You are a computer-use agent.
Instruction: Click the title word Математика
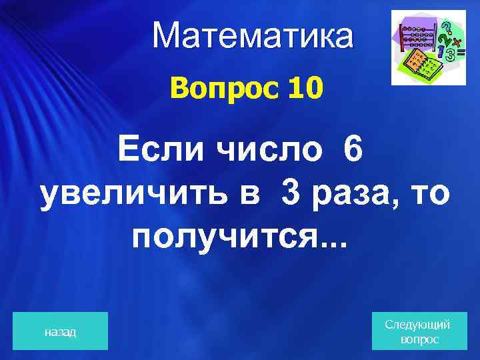coord(253,37)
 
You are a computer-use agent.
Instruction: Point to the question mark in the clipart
coord(447,28)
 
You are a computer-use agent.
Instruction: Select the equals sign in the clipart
coord(461,53)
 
